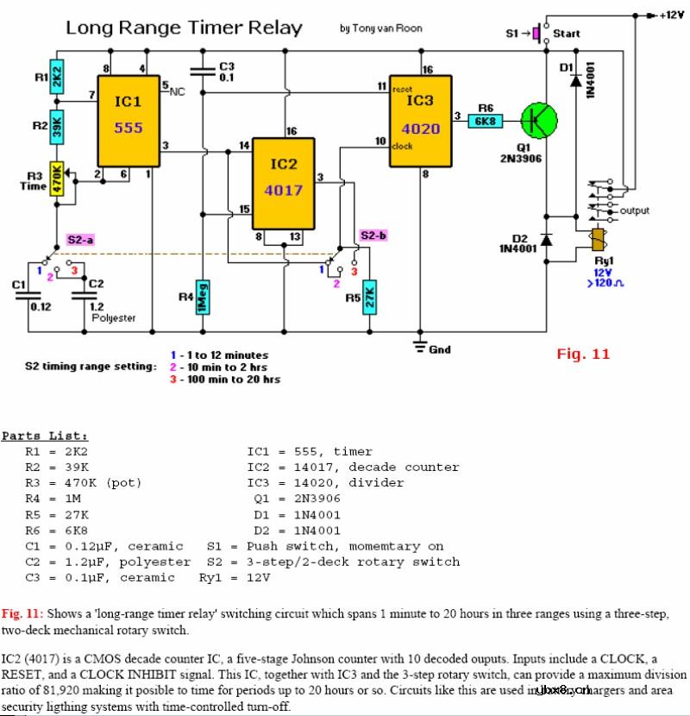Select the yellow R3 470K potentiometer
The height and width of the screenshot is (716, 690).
(58, 179)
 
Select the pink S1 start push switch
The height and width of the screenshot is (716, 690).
(536, 34)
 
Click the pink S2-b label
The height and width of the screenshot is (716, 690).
(373, 235)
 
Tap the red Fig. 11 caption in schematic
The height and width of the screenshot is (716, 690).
(583, 352)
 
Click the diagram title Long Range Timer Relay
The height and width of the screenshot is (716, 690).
(184, 28)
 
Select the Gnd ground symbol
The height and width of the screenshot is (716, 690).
(421, 348)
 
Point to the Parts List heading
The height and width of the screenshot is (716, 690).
(45, 436)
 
